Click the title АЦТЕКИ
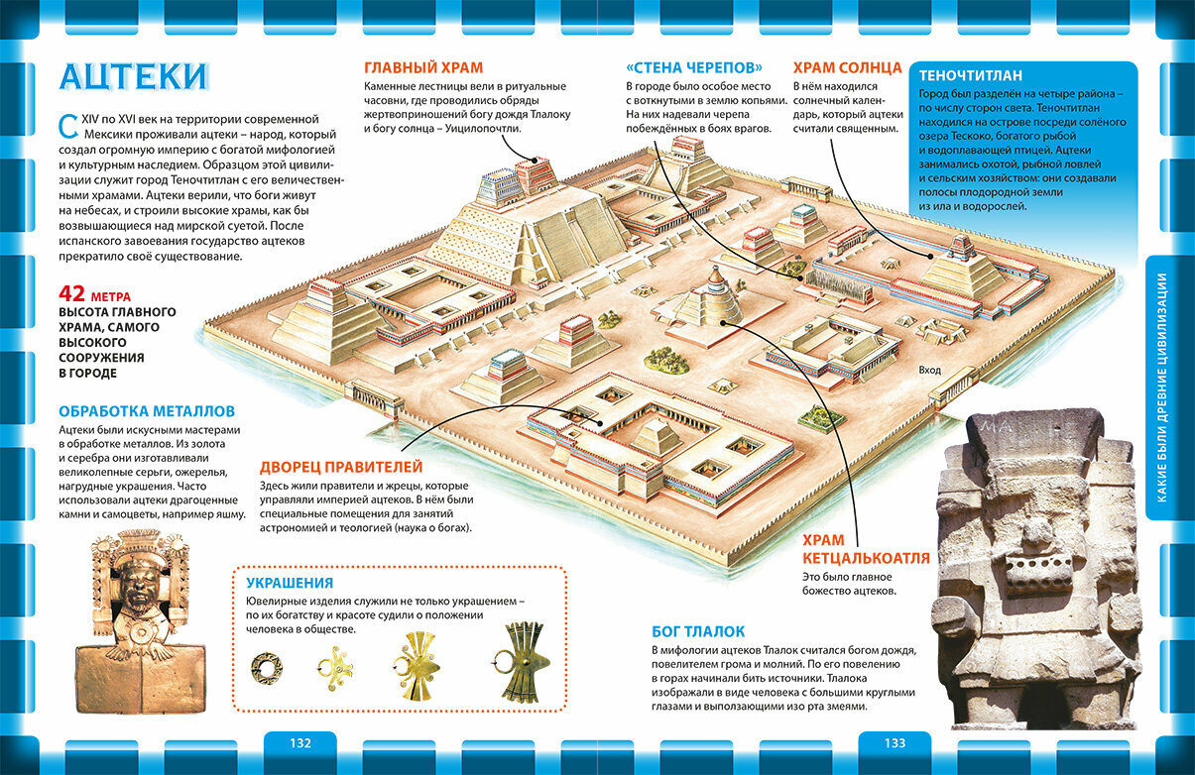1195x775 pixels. [135, 76]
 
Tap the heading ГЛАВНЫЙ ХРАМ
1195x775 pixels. [423, 68]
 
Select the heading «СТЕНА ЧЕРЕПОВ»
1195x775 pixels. [694, 68]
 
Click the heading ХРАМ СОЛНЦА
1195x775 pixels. [847, 68]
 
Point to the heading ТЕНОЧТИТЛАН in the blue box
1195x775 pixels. [971, 75]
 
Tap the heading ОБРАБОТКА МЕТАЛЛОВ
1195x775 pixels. [147, 411]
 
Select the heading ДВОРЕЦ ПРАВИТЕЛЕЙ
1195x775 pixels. [341, 467]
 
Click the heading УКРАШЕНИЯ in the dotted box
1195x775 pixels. [290, 583]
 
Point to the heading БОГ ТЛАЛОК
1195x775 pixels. [698, 631]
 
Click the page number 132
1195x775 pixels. [299, 743]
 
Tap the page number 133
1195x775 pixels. [895, 743]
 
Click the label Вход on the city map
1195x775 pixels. [929, 370]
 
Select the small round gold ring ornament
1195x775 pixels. [266, 667]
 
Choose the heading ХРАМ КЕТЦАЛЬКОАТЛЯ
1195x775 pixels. [866, 549]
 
